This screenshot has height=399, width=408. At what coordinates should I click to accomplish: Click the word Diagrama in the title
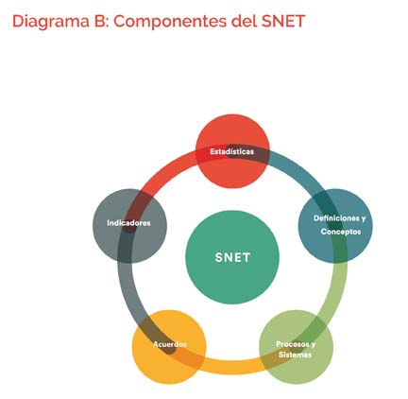51,22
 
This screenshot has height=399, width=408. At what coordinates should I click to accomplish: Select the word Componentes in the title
170,22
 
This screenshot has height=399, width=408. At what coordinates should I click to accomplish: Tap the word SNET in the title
282,21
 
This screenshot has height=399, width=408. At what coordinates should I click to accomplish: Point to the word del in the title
244,21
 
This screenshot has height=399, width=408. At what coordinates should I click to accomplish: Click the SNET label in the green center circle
232,257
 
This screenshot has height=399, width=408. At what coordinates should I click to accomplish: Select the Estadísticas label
232,151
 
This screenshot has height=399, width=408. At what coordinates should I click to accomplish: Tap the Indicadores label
128,223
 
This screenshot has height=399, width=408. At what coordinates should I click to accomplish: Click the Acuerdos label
170,344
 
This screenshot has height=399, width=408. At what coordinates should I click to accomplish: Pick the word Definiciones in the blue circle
336,218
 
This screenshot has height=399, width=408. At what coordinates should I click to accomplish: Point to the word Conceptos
341,232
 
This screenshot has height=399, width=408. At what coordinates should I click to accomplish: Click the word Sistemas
295,355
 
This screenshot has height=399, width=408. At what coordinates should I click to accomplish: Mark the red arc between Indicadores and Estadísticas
163,173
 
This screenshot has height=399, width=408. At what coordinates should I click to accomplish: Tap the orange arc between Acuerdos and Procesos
232,368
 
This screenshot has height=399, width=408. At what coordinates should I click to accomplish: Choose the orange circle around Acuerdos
169,347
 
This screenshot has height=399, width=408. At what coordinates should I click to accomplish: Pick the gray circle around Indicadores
129,226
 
